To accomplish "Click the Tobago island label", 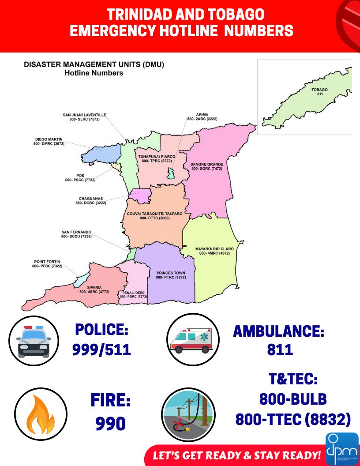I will pos(320,92).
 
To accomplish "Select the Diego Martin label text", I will pos(49,141).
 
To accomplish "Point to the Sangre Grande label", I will pos(207,166).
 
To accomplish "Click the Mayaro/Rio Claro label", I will pos(214,251).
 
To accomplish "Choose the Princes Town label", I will pos(171,275).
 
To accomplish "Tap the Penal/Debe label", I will pos(133,294).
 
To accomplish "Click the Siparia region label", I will pos(94,289).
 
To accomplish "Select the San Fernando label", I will pos(76,234).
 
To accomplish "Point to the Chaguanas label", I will pos(90,201).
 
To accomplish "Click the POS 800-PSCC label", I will pos(80,178).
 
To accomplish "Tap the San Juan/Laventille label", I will pos(84,117).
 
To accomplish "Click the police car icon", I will pos(34,341).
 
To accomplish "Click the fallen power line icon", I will pos(188,413).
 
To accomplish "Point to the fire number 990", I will pos(111,424).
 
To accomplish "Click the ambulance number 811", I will pos(280,349).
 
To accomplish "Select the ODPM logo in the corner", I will pos(341,448).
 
